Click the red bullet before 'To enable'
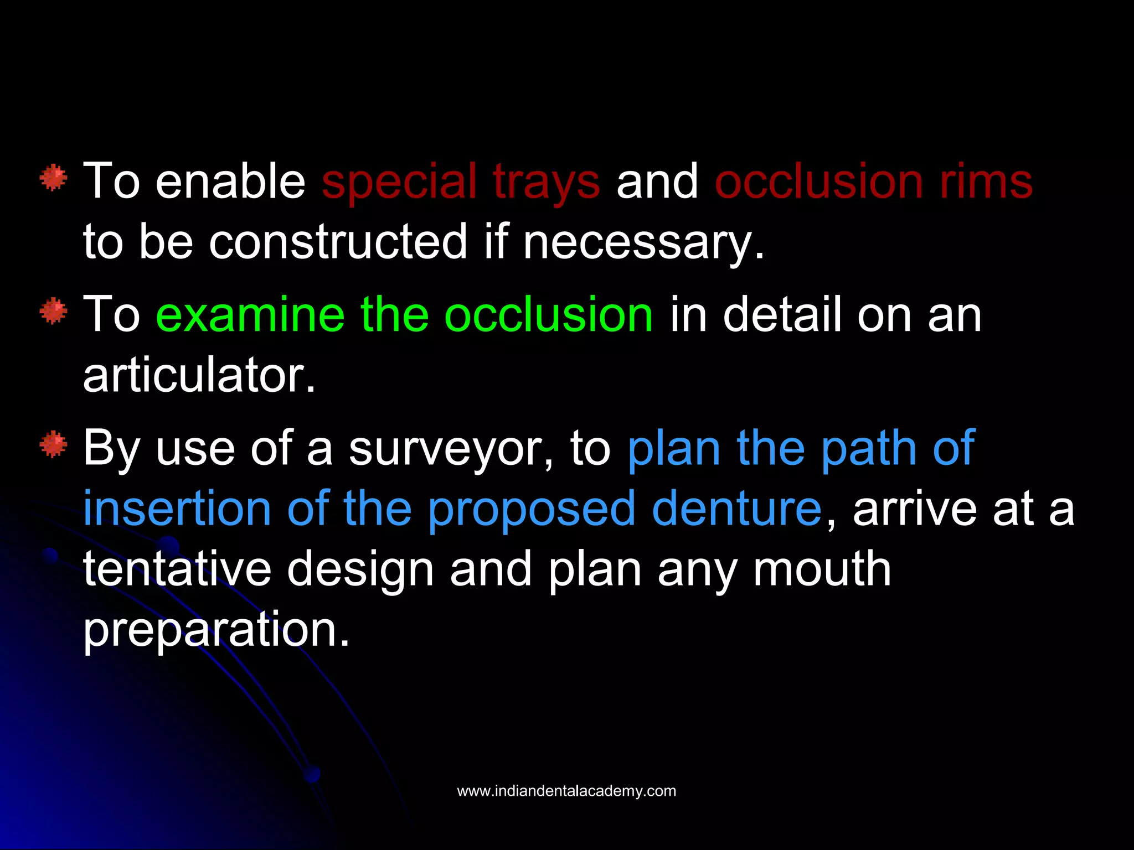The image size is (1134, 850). [54, 178]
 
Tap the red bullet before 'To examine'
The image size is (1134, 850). [54, 311]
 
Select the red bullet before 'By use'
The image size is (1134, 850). [54, 444]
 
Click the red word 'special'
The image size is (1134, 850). [399, 183]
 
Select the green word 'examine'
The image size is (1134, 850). [250, 314]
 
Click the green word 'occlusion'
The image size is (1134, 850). [549, 314]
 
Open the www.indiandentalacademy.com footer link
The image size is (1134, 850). [566, 791]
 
